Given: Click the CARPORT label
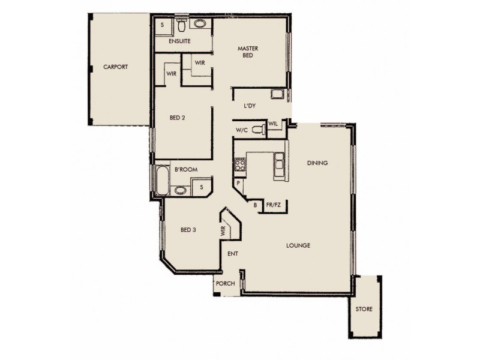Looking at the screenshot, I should coord(115,67).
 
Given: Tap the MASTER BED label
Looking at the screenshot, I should coord(247,52).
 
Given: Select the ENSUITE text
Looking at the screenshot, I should coord(179,41).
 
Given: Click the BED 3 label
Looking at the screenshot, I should coord(190,230).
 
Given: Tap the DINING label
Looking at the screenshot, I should coord(317,163).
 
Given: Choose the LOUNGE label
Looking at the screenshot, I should coord(298,245).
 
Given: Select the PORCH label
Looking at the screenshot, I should coord(226,284).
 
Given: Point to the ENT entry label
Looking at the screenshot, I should coord(233,254).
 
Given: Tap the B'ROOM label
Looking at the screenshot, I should coord(182,170).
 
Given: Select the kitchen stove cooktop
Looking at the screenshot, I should coord(240,164).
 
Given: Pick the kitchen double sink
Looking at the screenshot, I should coord(280,164).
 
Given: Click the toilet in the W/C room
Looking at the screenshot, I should coord(257,129).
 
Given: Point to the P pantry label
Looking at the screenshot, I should coord(238,183).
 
